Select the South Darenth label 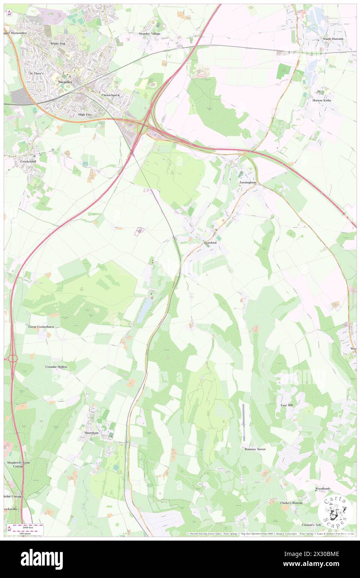point(333,39)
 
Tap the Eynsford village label point(210,242)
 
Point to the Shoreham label point(91,433)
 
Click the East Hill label point(288,405)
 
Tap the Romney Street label point(255,450)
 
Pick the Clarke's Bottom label point(291,503)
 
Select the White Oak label point(58,43)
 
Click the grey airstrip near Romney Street point(244,422)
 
